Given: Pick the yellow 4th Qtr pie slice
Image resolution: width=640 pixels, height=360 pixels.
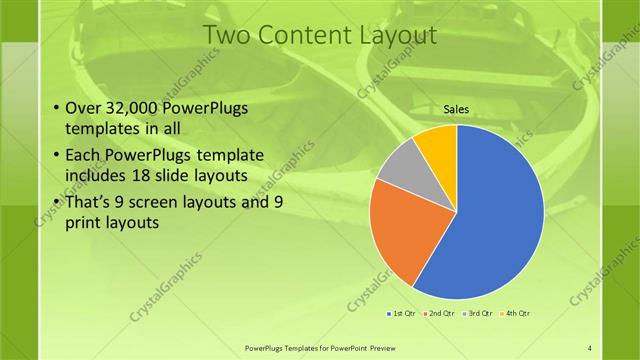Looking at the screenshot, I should [x=438, y=145].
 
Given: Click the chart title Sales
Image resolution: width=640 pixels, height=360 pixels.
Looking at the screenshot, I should [x=456, y=110].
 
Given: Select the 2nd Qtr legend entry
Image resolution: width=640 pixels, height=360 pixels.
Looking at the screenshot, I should [x=443, y=313].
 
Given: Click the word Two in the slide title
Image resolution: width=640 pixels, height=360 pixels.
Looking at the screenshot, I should [x=227, y=36].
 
